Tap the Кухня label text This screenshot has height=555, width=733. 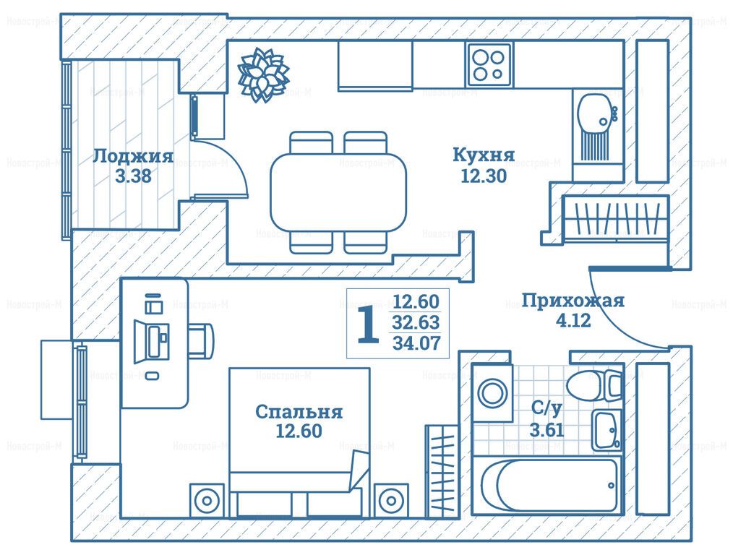pyautogui.click(x=484, y=155)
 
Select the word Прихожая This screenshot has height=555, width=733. pyautogui.click(x=573, y=301)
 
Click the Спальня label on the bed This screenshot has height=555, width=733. pyautogui.click(x=299, y=412)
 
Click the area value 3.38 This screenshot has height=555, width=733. pyautogui.click(x=133, y=176)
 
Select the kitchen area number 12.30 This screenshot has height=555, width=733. pyautogui.click(x=484, y=176)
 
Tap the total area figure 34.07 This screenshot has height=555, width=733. pyautogui.click(x=416, y=343)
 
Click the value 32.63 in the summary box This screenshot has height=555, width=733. pyautogui.click(x=416, y=322)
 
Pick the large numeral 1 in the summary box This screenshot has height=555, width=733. pyautogui.click(x=368, y=324)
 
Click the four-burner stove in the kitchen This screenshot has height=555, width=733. pyautogui.click(x=489, y=65)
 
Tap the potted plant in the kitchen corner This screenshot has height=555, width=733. pyautogui.click(x=262, y=74)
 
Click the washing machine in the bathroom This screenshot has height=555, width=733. pyautogui.click(x=492, y=392)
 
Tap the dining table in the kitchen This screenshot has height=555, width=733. pyautogui.click(x=338, y=192)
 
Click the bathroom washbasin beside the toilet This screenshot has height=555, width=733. pyautogui.click(x=607, y=430)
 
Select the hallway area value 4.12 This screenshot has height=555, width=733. pyautogui.click(x=573, y=321)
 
